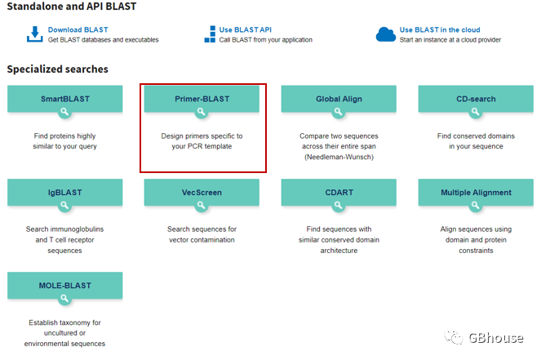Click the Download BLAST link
[78, 29]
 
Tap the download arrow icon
[34, 34]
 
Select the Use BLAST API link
[246, 29]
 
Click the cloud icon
[385, 34]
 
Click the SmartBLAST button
[64, 100]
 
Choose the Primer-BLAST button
[202, 100]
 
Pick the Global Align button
[339, 100]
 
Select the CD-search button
[476, 100]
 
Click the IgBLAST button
[64, 193]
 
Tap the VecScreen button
[202, 193]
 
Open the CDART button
[339, 193]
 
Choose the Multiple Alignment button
[476, 193]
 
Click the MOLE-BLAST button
[64, 287]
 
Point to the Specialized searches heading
[57, 69]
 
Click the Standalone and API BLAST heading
[72, 7]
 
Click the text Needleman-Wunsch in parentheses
[339, 157]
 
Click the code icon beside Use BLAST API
[210, 34]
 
